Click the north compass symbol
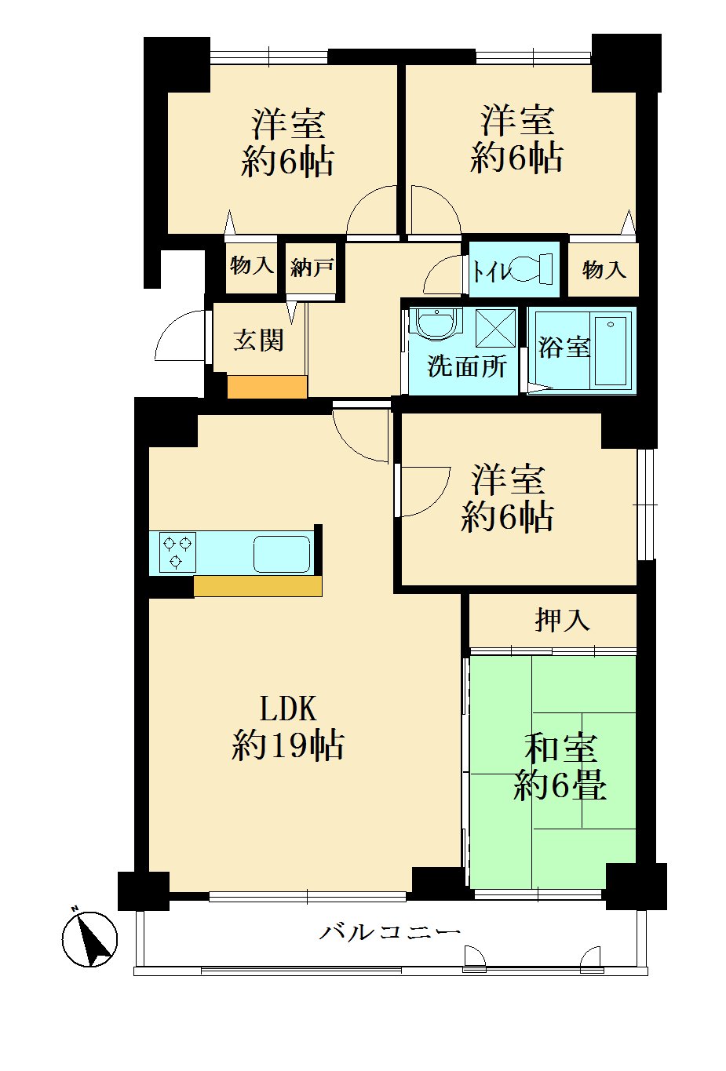pyautogui.click(x=89, y=938)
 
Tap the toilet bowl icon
pyautogui.click(x=531, y=269)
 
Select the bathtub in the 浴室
pyautogui.click(x=611, y=351)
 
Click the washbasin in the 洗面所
pyautogui.click(x=436, y=323)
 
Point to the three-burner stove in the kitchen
pyautogui.click(x=177, y=552)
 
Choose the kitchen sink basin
pyautogui.click(x=281, y=554)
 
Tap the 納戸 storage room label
pyautogui.click(x=312, y=268)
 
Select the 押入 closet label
pyautogui.click(x=562, y=620)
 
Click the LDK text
pyautogui.click(x=288, y=709)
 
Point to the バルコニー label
pyautogui.click(x=389, y=931)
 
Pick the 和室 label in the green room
pyautogui.click(x=560, y=747)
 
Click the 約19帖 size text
pyautogui.click(x=287, y=745)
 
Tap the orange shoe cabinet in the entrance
pyautogui.click(x=267, y=387)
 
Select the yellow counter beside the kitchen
pyautogui.click(x=257, y=586)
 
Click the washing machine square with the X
pyautogui.click(x=495, y=328)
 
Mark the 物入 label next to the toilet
pyautogui.click(x=604, y=270)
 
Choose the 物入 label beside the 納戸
pyautogui.click(x=252, y=265)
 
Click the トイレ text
pyautogui.click(x=491, y=271)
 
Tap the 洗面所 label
pyautogui.click(x=466, y=366)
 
